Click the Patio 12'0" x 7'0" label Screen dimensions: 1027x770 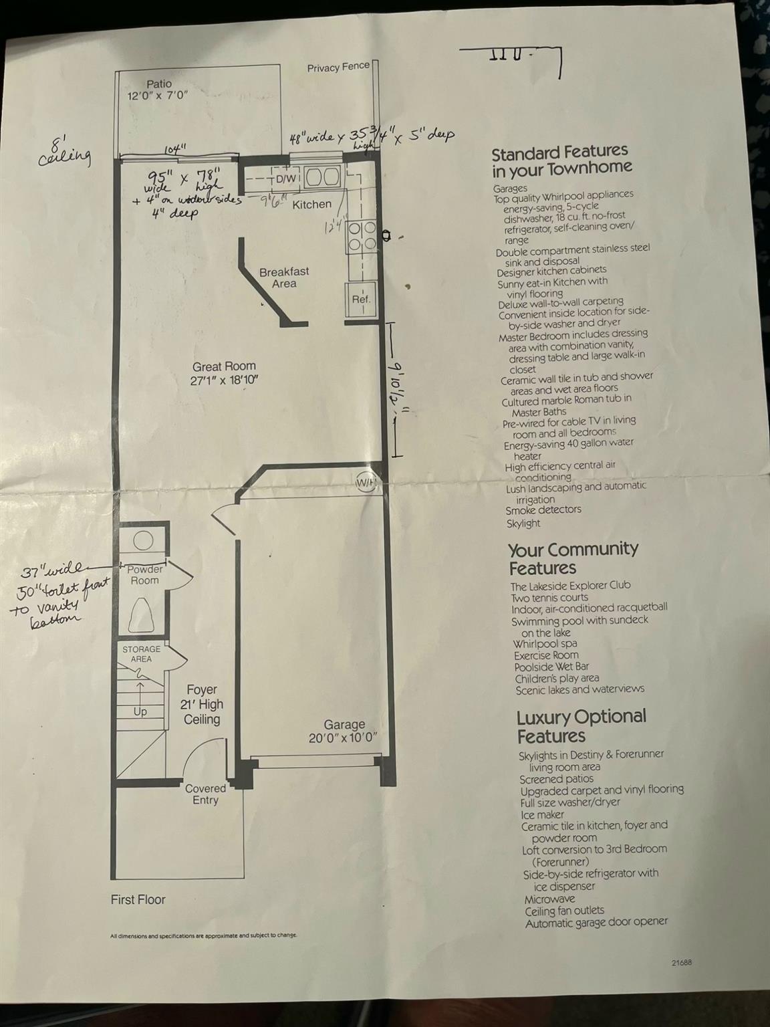pyautogui.click(x=158, y=90)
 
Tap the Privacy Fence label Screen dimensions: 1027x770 pyautogui.click(x=338, y=67)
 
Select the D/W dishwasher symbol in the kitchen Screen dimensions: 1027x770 pyautogui.click(x=286, y=179)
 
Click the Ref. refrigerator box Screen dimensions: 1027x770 pyautogui.click(x=361, y=300)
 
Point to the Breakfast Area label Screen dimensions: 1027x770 pyautogui.click(x=284, y=277)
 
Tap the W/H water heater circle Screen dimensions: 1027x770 pyautogui.click(x=365, y=483)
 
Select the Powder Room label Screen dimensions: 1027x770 pyautogui.click(x=145, y=574)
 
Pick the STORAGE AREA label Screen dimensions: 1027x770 pyautogui.click(x=141, y=654)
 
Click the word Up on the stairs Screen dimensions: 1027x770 pyautogui.click(x=140, y=711)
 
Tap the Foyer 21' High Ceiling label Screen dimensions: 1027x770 pyautogui.click(x=202, y=705)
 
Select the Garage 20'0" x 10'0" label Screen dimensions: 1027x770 pyautogui.click(x=344, y=731)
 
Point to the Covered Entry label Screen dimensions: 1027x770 pyautogui.click(x=205, y=794)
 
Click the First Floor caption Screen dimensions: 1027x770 pyautogui.click(x=138, y=900)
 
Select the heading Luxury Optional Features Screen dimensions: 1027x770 pyautogui.click(x=581, y=726)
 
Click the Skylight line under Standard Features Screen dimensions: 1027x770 pyautogui.click(x=523, y=524)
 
